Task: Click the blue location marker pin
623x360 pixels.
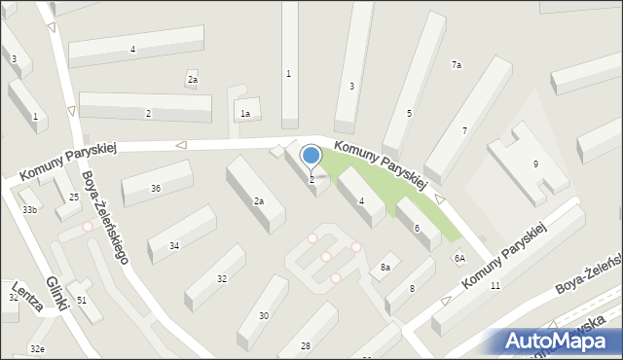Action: coord(311,156)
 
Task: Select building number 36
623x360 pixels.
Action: coord(156,188)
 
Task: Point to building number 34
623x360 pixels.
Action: coord(174,245)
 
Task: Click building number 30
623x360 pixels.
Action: coord(264,315)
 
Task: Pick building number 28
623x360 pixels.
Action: coord(306,346)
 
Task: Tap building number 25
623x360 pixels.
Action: coord(74,198)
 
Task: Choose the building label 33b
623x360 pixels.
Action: coord(29,210)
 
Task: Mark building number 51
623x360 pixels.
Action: coord(82,300)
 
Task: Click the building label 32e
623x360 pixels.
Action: coord(37,348)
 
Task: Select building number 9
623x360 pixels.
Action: coord(535,163)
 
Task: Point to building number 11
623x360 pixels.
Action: coord(495,285)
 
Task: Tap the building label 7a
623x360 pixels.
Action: coord(456,64)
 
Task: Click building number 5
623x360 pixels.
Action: coord(409,114)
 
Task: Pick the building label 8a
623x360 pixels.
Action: coord(385,267)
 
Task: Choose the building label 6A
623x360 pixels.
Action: coord(459,258)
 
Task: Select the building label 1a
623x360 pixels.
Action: coord(246,114)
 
